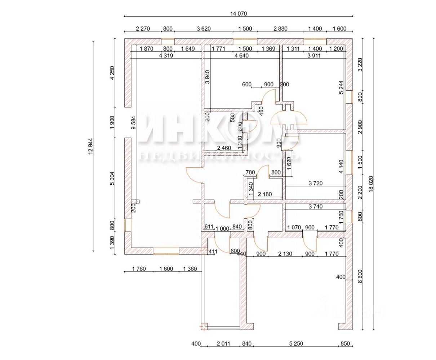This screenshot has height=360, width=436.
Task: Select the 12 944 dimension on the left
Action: click(90, 147)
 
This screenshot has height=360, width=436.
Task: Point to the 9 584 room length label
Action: click(134, 122)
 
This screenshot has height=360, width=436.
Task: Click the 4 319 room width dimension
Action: click(165, 55)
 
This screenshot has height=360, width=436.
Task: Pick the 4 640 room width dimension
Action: click(241, 55)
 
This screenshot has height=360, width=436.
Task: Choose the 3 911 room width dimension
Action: click(315, 55)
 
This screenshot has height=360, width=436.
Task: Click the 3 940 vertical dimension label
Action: click(207, 77)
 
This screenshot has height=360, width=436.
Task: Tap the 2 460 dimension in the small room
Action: click(224, 148)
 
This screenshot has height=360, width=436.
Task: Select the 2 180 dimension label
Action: click(265, 194)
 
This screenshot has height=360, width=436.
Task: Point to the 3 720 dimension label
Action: click(315, 184)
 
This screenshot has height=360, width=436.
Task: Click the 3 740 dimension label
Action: click(316, 207)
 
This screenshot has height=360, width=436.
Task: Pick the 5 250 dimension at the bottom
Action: click(296, 344)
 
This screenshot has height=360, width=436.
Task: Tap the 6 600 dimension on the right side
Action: click(359, 277)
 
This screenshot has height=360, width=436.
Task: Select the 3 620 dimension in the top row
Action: click(203, 29)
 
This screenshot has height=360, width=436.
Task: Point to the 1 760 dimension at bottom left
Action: click(138, 269)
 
